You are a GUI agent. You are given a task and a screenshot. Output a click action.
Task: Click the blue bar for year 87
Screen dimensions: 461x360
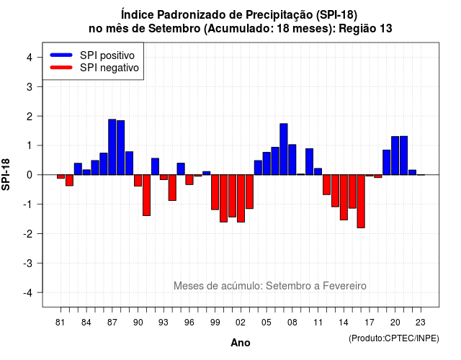point(112,147)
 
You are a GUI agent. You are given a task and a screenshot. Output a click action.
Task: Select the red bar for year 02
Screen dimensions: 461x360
point(241,199)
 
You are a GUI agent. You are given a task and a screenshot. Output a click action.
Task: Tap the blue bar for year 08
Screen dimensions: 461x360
point(292,160)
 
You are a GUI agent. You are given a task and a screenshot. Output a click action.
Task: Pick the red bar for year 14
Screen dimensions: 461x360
point(344,197)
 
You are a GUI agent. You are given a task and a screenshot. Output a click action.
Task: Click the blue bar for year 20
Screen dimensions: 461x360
point(395,156)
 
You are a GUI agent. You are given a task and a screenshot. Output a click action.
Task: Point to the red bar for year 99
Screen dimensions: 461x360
point(215,192)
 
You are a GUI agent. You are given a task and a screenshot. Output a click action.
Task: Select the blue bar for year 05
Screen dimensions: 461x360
point(267,163)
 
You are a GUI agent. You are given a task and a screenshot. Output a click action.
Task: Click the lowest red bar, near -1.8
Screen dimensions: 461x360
point(361,202)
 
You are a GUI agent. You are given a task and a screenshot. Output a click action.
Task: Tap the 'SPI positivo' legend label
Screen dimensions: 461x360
point(107,55)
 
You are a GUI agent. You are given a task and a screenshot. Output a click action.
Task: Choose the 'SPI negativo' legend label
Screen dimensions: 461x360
point(109,68)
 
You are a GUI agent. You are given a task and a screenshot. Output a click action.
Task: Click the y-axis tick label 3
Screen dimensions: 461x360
point(30,87)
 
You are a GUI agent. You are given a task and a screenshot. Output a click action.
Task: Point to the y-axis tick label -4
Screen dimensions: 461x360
point(28,293)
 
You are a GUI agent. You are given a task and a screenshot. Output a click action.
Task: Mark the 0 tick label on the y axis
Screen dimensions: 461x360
point(30,175)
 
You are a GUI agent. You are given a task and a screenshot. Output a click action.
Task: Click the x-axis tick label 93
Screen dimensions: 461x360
point(164,323)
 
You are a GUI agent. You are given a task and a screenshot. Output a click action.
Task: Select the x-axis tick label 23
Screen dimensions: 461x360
point(421,323)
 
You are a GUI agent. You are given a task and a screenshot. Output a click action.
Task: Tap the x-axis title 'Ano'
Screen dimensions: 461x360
point(241,343)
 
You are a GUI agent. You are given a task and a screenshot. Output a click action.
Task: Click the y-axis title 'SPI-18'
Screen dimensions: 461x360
point(6,174)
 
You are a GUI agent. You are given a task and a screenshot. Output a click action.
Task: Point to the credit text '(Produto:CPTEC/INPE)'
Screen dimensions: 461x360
point(394,338)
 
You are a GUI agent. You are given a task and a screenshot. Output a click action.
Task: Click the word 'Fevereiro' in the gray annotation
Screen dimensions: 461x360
point(344,286)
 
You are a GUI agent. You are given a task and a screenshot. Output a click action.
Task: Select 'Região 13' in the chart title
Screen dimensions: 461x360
point(365,29)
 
